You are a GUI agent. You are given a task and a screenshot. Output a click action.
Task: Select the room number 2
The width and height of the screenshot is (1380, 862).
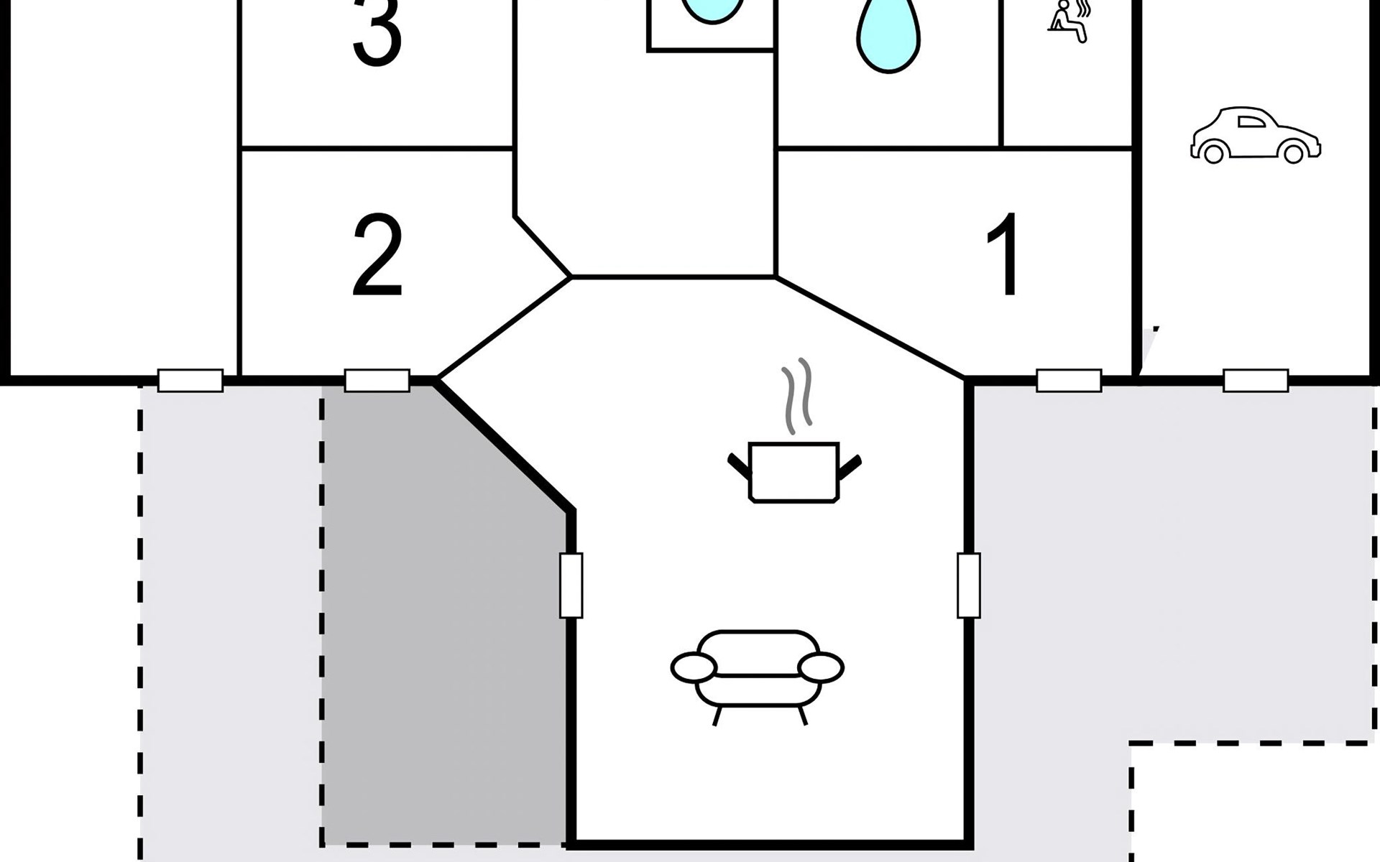point(377,255)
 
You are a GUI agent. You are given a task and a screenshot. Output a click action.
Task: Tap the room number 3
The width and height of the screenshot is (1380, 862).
point(377,32)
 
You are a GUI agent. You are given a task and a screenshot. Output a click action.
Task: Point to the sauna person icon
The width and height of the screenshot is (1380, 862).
point(1069,22)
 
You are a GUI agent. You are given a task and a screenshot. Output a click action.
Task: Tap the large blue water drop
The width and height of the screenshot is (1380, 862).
point(889,36)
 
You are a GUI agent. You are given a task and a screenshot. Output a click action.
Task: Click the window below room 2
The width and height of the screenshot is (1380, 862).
point(377,381)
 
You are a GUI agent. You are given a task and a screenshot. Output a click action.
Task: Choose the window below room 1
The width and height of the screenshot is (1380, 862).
point(1069,381)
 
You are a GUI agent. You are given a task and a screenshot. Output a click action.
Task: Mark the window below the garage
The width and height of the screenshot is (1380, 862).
point(1256,381)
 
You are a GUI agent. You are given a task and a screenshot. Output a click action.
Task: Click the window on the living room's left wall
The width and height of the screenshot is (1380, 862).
point(571,585)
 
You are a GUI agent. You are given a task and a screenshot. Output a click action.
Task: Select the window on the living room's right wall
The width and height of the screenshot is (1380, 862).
point(969,585)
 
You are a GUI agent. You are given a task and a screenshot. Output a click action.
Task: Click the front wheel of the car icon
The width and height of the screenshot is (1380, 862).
point(1293,153)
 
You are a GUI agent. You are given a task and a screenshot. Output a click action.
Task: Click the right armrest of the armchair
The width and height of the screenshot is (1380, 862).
point(820,667)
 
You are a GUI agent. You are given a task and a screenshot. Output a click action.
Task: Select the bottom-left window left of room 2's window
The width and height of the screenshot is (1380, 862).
point(190,381)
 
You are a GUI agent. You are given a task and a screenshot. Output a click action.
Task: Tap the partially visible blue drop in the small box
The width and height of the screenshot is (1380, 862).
point(712,11)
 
